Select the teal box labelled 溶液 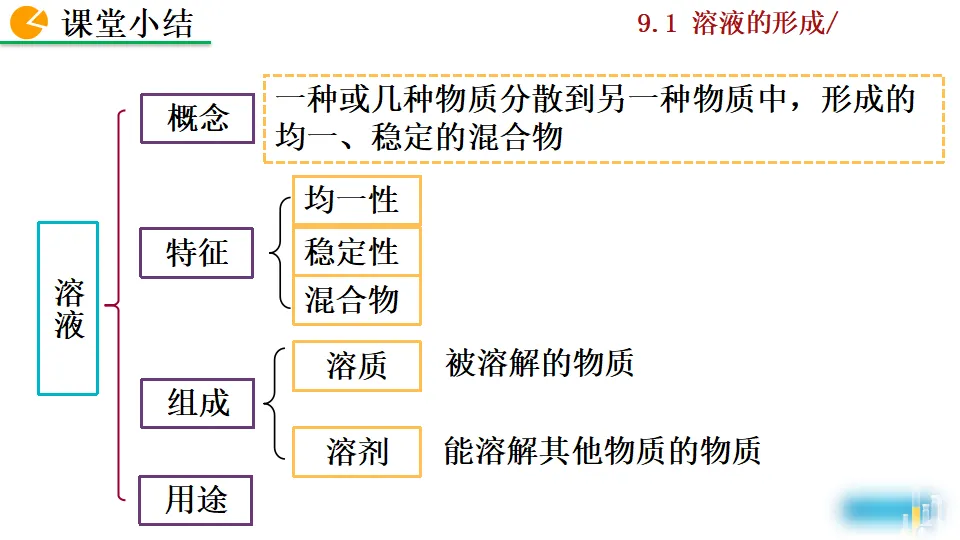pos(68,308)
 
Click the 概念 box pos(197,119)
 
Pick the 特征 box pos(197,253)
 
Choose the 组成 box pos(197,403)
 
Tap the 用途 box pos(196,500)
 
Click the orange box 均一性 pos(356,201)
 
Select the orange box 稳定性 pos(356,251)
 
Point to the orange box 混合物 pos(356,300)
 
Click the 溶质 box pos(356,367)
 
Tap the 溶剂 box pos(356,452)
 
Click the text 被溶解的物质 pos(539,364)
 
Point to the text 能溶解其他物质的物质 pos(602,451)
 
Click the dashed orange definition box pos(603,118)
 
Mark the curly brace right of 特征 pos(277,251)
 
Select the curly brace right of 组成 pos(273,403)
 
